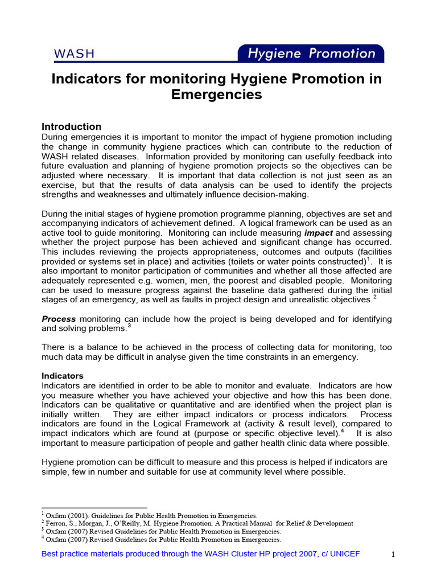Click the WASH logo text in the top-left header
tap(74, 54)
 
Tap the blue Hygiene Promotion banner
tap(311, 54)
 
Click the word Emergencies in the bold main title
tap(217, 95)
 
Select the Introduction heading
tap(72, 126)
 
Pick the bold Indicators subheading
tap(63, 376)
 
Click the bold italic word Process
tap(59, 319)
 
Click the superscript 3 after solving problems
tap(129, 326)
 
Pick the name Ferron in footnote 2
tap(57, 523)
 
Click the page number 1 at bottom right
tap(393, 555)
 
